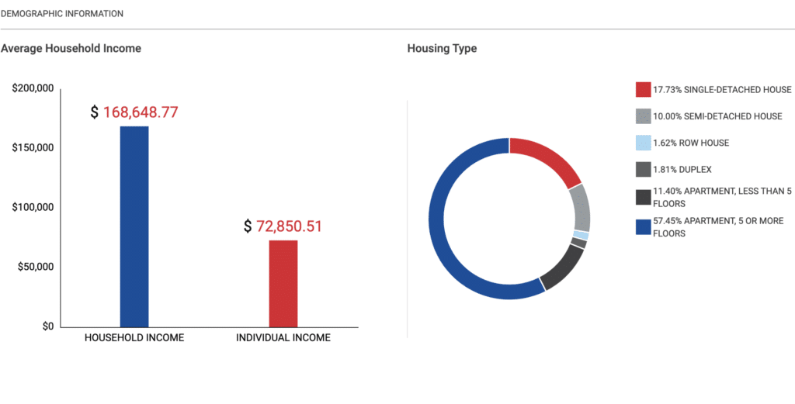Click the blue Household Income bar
click(x=134, y=226)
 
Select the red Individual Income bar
click(x=283, y=284)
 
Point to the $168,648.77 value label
click(x=134, y=112)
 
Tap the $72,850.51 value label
click(x=283, y=226)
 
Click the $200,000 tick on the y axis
click(x=33, y=89)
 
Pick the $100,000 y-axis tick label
click(x=33, y=208)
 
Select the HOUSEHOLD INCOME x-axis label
click(x=134, y=338)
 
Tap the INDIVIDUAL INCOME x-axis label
click(x=283, y=338)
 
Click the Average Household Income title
click(x=71, y=49)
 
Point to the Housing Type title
click(x=442, y=49)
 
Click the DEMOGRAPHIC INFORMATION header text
click(x=62, y=14)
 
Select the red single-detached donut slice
click(x=548, y=154)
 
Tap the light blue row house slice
click(x=581, y=235)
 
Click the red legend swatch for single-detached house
click(x=643, y=89)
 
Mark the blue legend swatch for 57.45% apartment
click(x=643, y=227)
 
